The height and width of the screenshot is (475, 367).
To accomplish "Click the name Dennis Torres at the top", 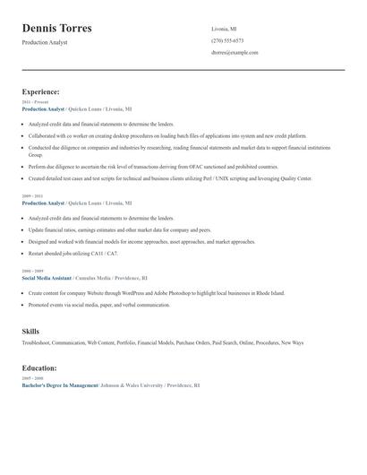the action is point(56,28).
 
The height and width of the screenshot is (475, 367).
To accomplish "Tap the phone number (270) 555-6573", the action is point(227,40).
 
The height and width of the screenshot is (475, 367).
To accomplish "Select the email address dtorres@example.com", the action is point(235,53).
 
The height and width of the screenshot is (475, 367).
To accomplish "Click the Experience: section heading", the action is point(41,91).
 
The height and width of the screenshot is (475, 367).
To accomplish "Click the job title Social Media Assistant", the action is point(46,278).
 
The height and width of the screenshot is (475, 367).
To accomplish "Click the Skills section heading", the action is point(30,332).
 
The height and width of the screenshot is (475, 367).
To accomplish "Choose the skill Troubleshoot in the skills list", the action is point(40,342).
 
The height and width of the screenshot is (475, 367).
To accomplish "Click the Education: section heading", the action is point(39,367).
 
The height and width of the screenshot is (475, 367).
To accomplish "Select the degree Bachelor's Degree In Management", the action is point(59,384).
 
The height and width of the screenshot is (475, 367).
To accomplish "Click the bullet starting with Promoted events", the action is point(98,305).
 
